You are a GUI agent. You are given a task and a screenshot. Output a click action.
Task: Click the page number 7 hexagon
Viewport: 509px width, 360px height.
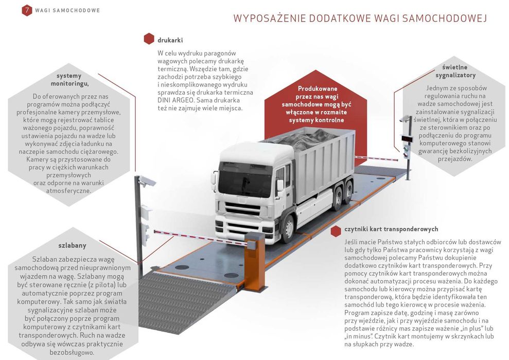[27, 10]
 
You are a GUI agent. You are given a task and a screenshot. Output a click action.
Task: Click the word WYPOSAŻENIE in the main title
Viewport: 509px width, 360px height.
[268, 19]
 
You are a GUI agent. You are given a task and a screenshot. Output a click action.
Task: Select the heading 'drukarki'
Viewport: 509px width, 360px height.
[170, 40]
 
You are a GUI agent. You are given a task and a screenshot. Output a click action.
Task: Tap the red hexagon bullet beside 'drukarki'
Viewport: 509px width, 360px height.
[149, 40]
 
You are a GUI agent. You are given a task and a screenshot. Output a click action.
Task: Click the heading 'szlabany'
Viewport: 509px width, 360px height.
[72, 245]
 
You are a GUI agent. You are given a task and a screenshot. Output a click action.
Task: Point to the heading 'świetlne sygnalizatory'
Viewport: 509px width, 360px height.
[455, 71]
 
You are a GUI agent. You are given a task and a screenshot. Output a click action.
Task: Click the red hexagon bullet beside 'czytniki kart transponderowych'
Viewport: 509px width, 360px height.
[336, 230]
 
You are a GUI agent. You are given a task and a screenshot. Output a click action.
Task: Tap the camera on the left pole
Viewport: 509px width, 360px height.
[147, 181]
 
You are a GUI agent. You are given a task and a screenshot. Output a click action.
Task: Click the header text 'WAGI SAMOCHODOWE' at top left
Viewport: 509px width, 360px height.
[67, 10]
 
